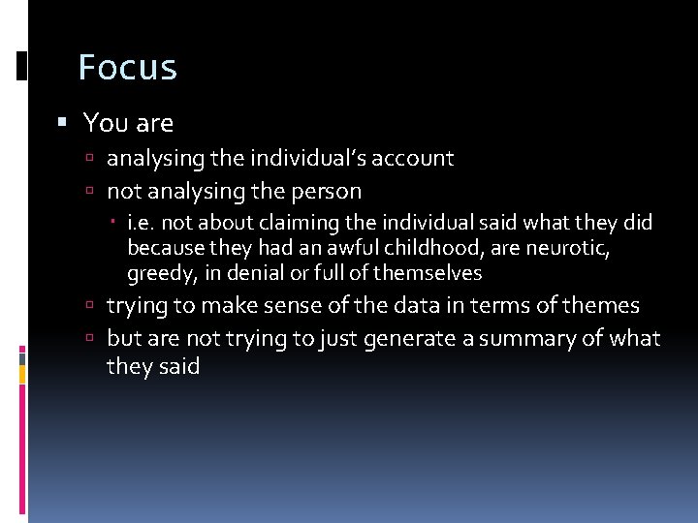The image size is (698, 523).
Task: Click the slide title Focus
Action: [x=127, y=68]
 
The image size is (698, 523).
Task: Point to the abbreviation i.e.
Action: [x=142, y=223]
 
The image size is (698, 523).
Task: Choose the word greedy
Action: [x=160, y=273]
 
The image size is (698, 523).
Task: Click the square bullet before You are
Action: [x=62, y=123]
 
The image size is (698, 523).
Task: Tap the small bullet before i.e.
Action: [x=115, y=223]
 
